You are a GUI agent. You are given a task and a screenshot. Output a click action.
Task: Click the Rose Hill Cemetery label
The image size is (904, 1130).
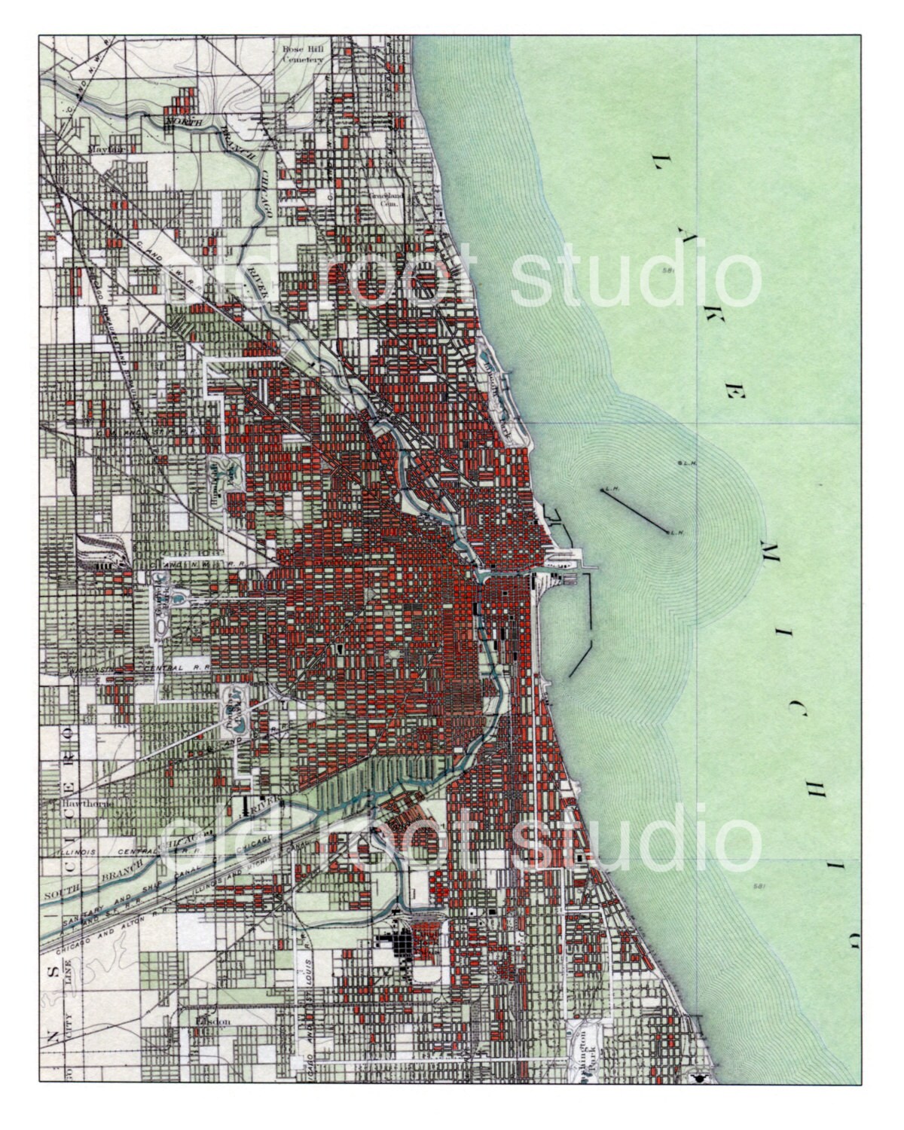(x=302, y=57)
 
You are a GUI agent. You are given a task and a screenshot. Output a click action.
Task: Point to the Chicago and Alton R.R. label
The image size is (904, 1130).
(x=109, y=934)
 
